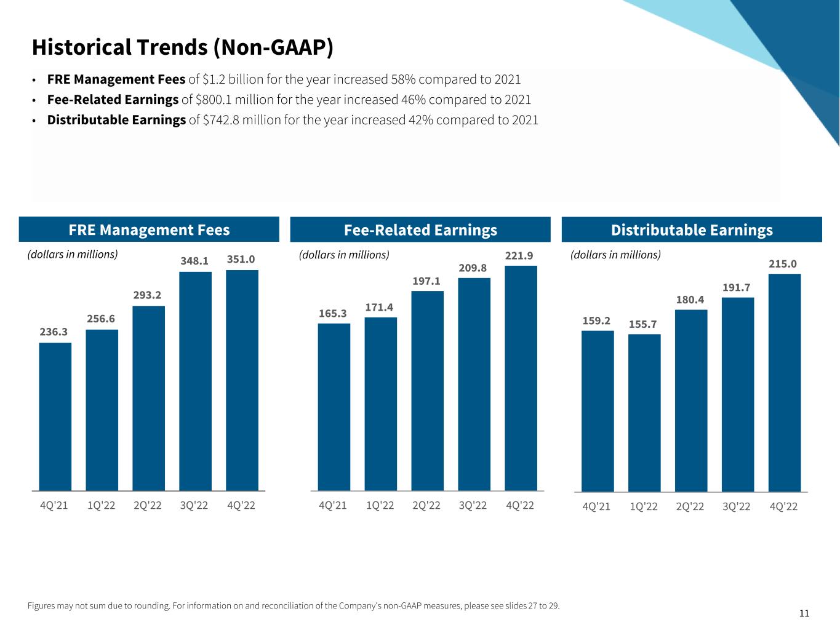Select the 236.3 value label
(54, 332)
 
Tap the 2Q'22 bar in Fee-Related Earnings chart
(427, 391)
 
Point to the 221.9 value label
(519, 255)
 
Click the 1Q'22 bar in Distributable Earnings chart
(644, 413)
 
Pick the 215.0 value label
(783, 264)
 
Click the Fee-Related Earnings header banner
(420, 230)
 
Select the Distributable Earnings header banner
(692, 230)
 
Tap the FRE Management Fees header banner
(149, 230)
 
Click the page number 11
(804, 613)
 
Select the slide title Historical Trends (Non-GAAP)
(182, 47)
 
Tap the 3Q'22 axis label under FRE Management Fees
(194, 506)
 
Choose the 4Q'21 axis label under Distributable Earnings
(596, 507)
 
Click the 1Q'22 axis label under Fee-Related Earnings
(380, 506)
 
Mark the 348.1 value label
(194, 261)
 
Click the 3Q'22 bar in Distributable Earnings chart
(737, 394)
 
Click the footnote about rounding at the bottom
(294, 606)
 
